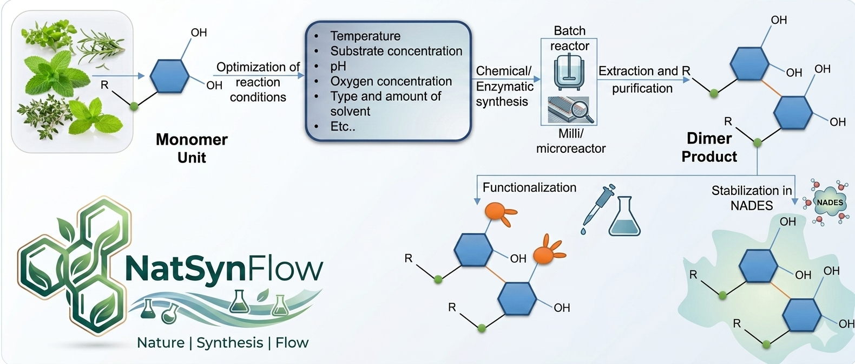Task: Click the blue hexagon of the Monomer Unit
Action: click(x=169, y=76)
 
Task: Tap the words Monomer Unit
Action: click(x=192, y=148)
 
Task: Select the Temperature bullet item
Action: click(x=365, y=36)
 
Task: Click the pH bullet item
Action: click(x=338, y=66)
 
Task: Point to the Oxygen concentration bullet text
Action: click(x=391, y=81)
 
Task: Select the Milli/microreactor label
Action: click(x=570, y=141)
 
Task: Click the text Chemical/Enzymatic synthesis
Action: click(x=504, y=86)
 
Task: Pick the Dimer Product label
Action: click(x=709, y=147)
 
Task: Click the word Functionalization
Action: click(x=529, y=187)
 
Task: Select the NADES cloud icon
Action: click(x=829, y=203)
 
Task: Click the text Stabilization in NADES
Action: click(x=752, y=198)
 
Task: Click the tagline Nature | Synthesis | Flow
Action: click(x=222, y=343)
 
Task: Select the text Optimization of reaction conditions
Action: click(x=258, y=82)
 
